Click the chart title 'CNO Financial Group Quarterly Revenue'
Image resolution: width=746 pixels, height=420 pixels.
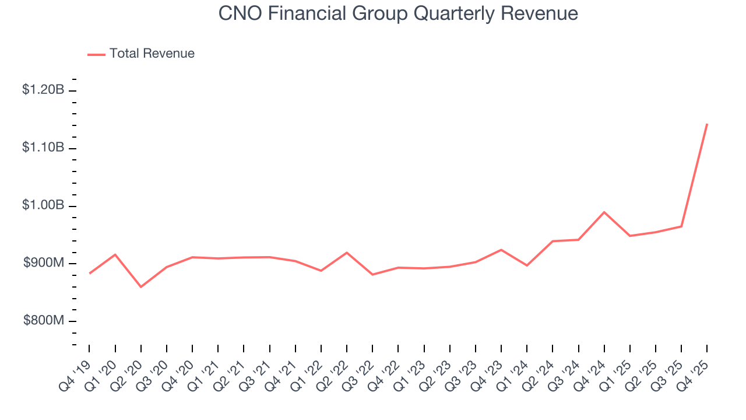pyautogui.click(x=398, y=13)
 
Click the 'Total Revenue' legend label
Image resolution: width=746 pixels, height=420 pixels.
pyautogui.click(x=152, y=54)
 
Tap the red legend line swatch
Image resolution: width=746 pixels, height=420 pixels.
pyautogui.click(x=96, y=54)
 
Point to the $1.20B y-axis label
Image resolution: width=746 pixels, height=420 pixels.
pyautogui.click(x=43, y=90)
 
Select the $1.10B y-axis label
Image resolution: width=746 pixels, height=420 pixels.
pyautogui.click(x=43, y=148)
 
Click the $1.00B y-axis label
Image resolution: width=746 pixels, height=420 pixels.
pyautogui.click(x=43, y=205)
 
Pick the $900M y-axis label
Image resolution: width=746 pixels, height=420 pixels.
pyautogui.click(x=44, y=263)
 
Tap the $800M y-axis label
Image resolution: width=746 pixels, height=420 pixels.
pyautogui.click(x=44, y=321)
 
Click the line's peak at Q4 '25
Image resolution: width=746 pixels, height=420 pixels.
pyautogui.click(x=707, y=124)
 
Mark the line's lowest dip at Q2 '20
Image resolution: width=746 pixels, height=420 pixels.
pyautogui.click(x=141, y=286)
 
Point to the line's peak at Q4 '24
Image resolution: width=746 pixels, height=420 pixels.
pyautogui.click(x=604, y=212)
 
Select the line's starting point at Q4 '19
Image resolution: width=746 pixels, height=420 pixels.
pyautogui.click(x=90, y=273)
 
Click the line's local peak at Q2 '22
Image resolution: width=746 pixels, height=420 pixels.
pyautogui.click(x=347, y=253)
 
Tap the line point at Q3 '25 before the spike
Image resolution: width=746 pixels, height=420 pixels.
pyautogui.click(x=681, y=226)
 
